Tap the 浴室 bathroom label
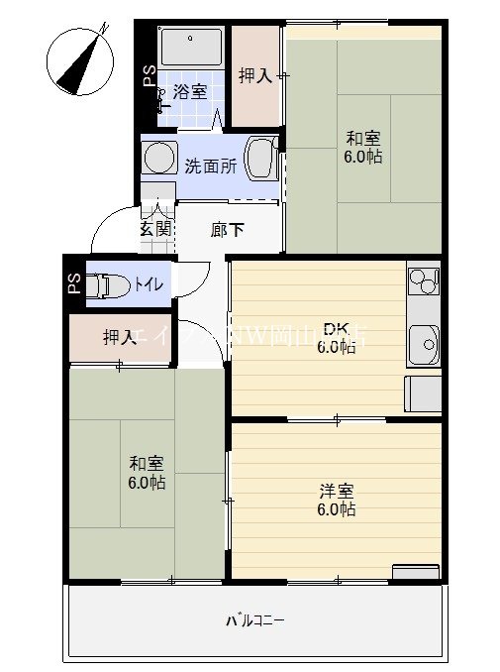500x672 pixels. point(190,92)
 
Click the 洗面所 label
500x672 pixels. point(210,166)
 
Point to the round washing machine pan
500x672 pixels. point(156,158)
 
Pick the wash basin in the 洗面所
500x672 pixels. point(261,159)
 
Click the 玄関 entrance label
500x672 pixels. point(155,228)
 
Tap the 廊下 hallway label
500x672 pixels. point(228,230)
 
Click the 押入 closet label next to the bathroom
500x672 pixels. point(255,75)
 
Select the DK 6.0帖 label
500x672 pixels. point(335,337)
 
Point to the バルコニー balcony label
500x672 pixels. point(255,621)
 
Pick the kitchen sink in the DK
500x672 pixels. point(424,344)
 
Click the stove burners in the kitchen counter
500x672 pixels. point(423,281)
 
